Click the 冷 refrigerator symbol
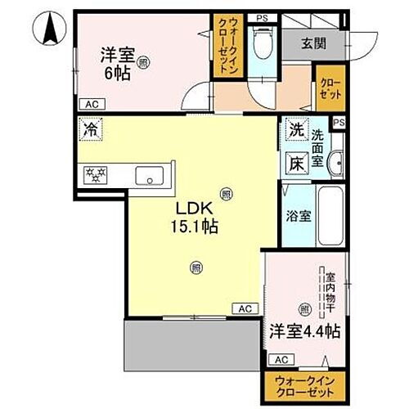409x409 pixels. coord(91,129)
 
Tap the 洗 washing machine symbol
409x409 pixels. coord(294,130)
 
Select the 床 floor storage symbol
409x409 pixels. coord(295,163)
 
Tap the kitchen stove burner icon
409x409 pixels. coord(98,174)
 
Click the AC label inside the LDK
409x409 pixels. coord(244,308)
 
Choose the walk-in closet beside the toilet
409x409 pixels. coord(223,47)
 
